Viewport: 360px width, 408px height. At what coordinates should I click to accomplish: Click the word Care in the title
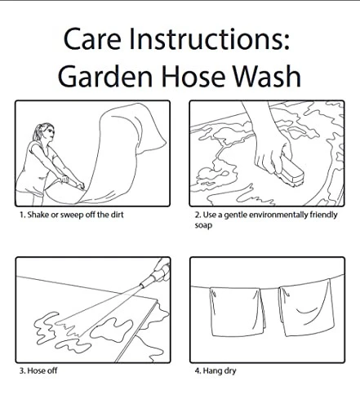click(x=92, y=38)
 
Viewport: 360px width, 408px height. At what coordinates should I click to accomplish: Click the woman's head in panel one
click(x=47, y=132)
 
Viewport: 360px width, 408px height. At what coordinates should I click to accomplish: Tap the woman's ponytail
click(x=37, y=132)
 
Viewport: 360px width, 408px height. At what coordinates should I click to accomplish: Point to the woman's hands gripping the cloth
click(x=71, y=182)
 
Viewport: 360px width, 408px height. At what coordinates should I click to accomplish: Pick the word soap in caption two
click(x=203, y=225)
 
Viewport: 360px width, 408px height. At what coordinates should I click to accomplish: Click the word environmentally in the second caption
click(x=278, y=215)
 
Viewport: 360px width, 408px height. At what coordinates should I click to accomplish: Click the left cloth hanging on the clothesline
click(x=238, y=312)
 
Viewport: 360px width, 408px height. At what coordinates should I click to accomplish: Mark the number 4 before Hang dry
click(x=198, y=370)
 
